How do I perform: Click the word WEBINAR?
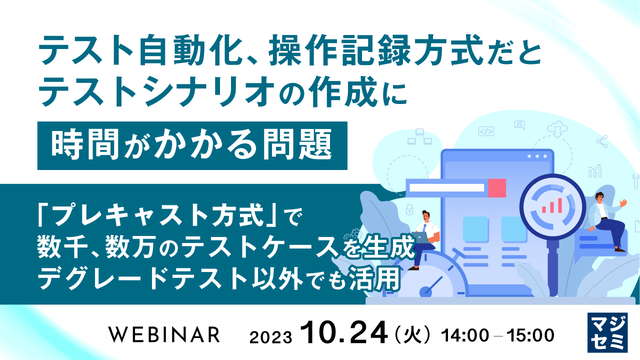click(x=164, y=334)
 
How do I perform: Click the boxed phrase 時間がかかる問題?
click(x=192, y=145)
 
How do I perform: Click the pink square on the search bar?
click(x=497, y=188)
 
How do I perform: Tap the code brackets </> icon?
click(x=486, y=131)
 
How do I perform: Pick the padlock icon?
click(x=409, y=208)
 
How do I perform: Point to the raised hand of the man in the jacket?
click(x=623, y=203)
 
